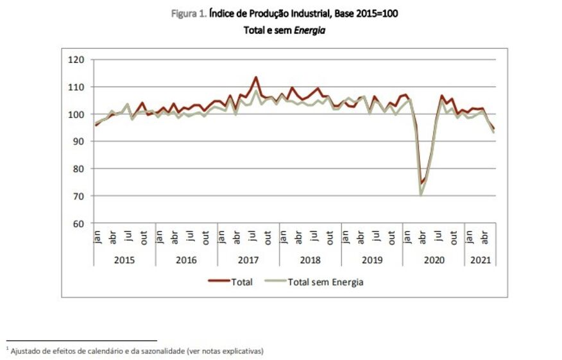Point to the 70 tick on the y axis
(x=79, y=196)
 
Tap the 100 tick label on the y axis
(x=76, y=114)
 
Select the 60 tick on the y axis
(x=79, y=223)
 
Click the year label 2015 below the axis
(x=124, y=260)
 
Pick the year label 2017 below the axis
(x=248, y=260)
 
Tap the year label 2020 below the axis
(x=433, y=260)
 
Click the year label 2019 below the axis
(x=371, y=260)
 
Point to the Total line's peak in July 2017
(x=255, y=78)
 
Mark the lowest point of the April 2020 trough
(x=422, y=195)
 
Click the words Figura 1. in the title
(x=189, y=13)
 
